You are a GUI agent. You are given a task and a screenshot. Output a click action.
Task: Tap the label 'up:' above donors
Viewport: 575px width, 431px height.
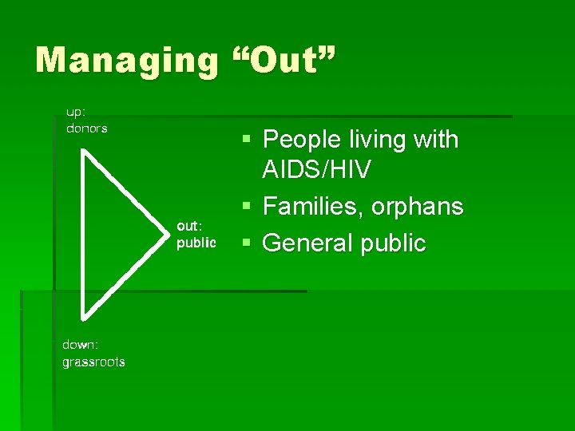coord(76,113)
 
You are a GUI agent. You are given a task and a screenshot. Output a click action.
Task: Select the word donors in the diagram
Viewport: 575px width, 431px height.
coord(86,128)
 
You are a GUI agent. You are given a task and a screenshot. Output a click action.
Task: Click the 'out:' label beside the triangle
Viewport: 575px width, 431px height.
coord(190,227)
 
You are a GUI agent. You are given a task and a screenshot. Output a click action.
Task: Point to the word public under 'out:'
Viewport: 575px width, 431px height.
coord(196,243)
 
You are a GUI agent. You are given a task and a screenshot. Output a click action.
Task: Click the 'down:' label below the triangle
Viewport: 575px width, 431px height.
coord(81,345)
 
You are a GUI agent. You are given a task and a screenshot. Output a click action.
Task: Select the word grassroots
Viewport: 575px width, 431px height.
coord(93,362)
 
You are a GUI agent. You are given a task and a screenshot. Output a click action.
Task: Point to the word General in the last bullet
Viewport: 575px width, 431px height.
coord(307,243)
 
